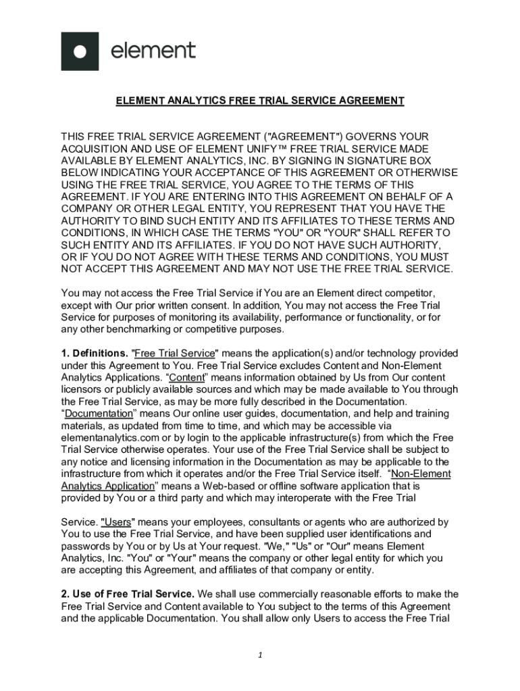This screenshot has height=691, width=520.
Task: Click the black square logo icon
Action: click(80, 51)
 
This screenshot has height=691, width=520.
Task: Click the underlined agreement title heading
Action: click(260, 101)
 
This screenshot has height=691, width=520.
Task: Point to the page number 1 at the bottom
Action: click(260, 655)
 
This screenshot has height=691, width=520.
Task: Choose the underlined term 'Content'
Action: click(186, 378)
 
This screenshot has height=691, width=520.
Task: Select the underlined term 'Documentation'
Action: click(99, 414)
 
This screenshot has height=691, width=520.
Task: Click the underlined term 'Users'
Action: click(116, 522)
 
